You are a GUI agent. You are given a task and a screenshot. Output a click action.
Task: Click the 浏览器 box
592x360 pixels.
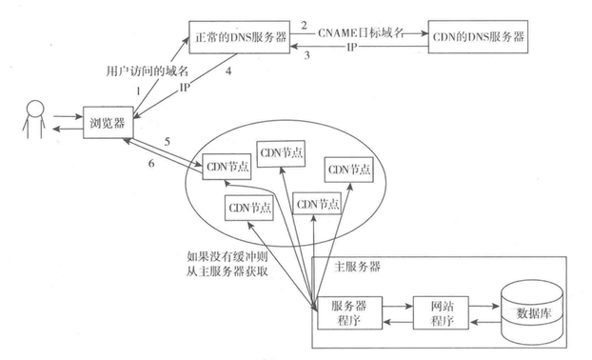coord(107,123)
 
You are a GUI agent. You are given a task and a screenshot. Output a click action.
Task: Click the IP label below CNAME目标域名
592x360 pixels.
coord(352,46)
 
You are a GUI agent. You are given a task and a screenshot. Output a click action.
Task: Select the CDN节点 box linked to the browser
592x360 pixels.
coord(224,169)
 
